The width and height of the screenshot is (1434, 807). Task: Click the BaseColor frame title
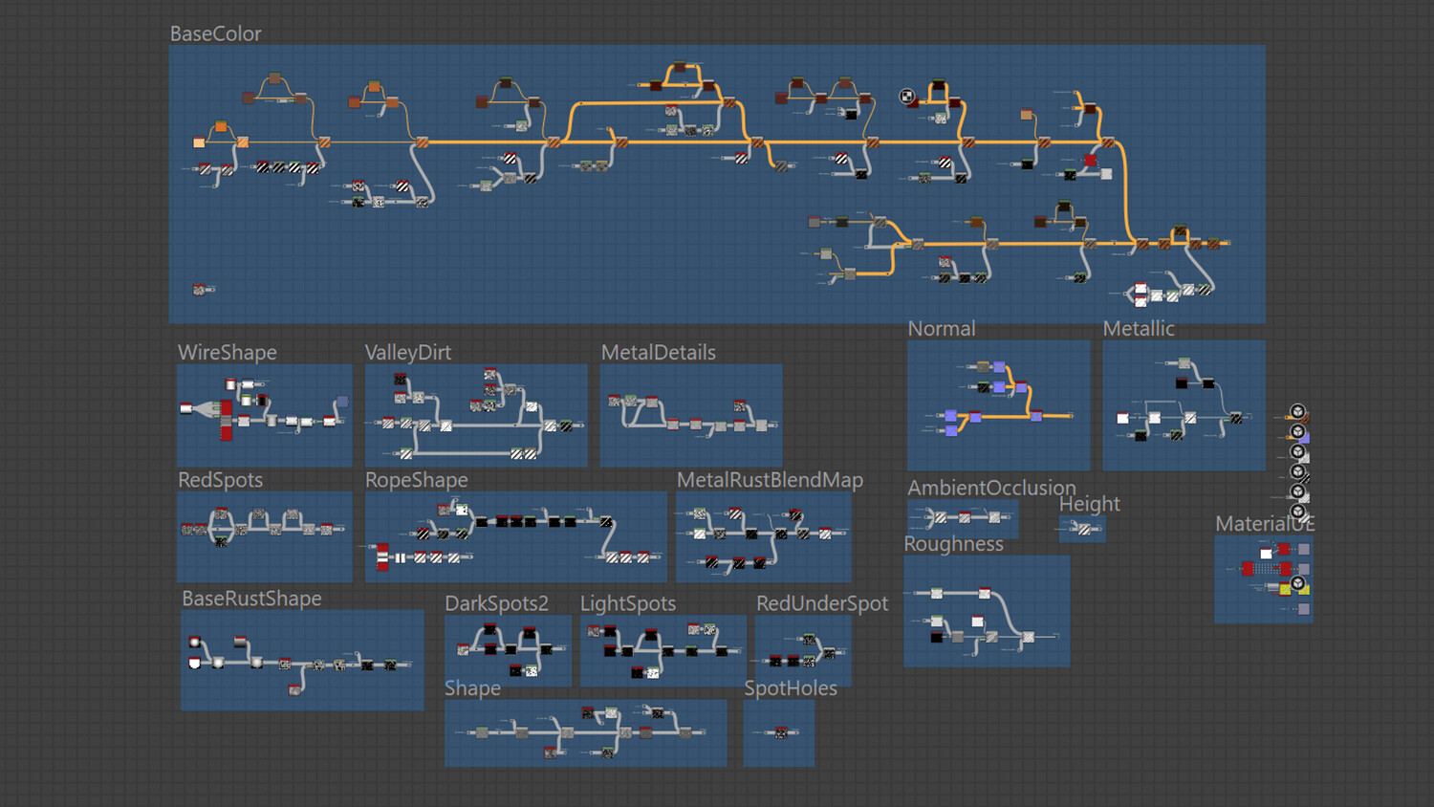click(x=215, y=34)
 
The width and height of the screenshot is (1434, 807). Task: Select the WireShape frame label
click(x=228, y=353)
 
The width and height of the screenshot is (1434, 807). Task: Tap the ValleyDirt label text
click(x=408, y=353)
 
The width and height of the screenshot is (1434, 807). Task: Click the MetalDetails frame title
click(x=658, y=353)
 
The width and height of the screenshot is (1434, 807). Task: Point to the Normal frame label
click(x=941, y=329)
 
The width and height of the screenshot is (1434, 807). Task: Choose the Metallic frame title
click(x=1139, y=329)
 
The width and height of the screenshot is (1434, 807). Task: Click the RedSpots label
click(x=220, y=480)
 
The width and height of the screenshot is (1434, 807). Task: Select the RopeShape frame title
click(x=416, y=480)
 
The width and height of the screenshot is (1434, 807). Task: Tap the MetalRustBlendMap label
click(x=771, y=480)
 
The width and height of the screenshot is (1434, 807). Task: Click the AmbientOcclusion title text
click(x=991, y=488)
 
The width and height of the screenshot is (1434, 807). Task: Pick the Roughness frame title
click(x=953, y=544)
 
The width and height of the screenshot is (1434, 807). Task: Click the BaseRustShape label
click(x=251, y=599)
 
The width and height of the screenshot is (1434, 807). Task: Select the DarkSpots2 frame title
click(x=497, y=604)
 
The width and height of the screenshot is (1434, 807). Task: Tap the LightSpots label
click(x=628, y=604)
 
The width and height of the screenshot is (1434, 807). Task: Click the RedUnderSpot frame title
click(x=822, y=604)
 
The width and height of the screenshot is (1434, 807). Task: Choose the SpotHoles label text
click(x=791, y=688)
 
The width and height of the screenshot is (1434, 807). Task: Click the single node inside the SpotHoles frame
click(x=781, y=732)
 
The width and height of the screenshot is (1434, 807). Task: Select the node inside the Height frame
click(x=1084, y=529)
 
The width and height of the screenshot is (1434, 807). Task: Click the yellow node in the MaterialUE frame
click(x=1285, y=589)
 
